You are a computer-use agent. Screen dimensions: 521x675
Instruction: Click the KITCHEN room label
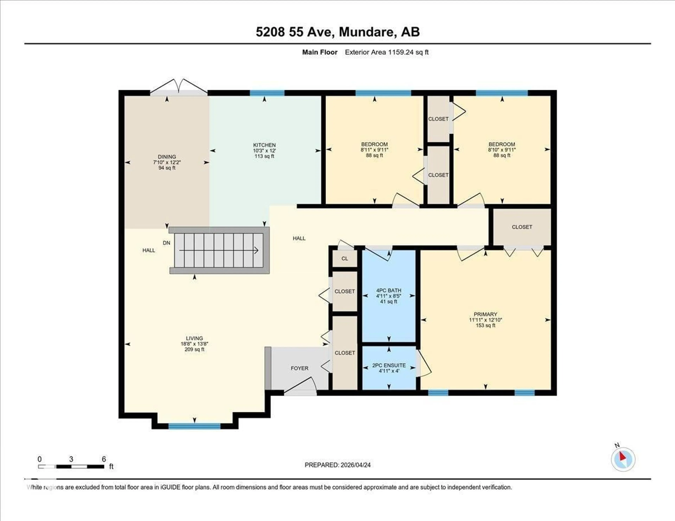pos(264,145)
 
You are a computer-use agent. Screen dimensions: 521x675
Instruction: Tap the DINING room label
pos(167,157)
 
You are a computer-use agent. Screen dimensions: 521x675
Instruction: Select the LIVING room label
pos(194,338)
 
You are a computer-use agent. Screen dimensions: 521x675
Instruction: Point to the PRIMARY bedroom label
pos(485,314)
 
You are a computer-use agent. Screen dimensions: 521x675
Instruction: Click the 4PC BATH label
pos(388,290)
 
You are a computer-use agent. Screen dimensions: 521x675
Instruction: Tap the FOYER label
pos(299,368)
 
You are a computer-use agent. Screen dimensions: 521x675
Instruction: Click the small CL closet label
pos(345,259)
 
